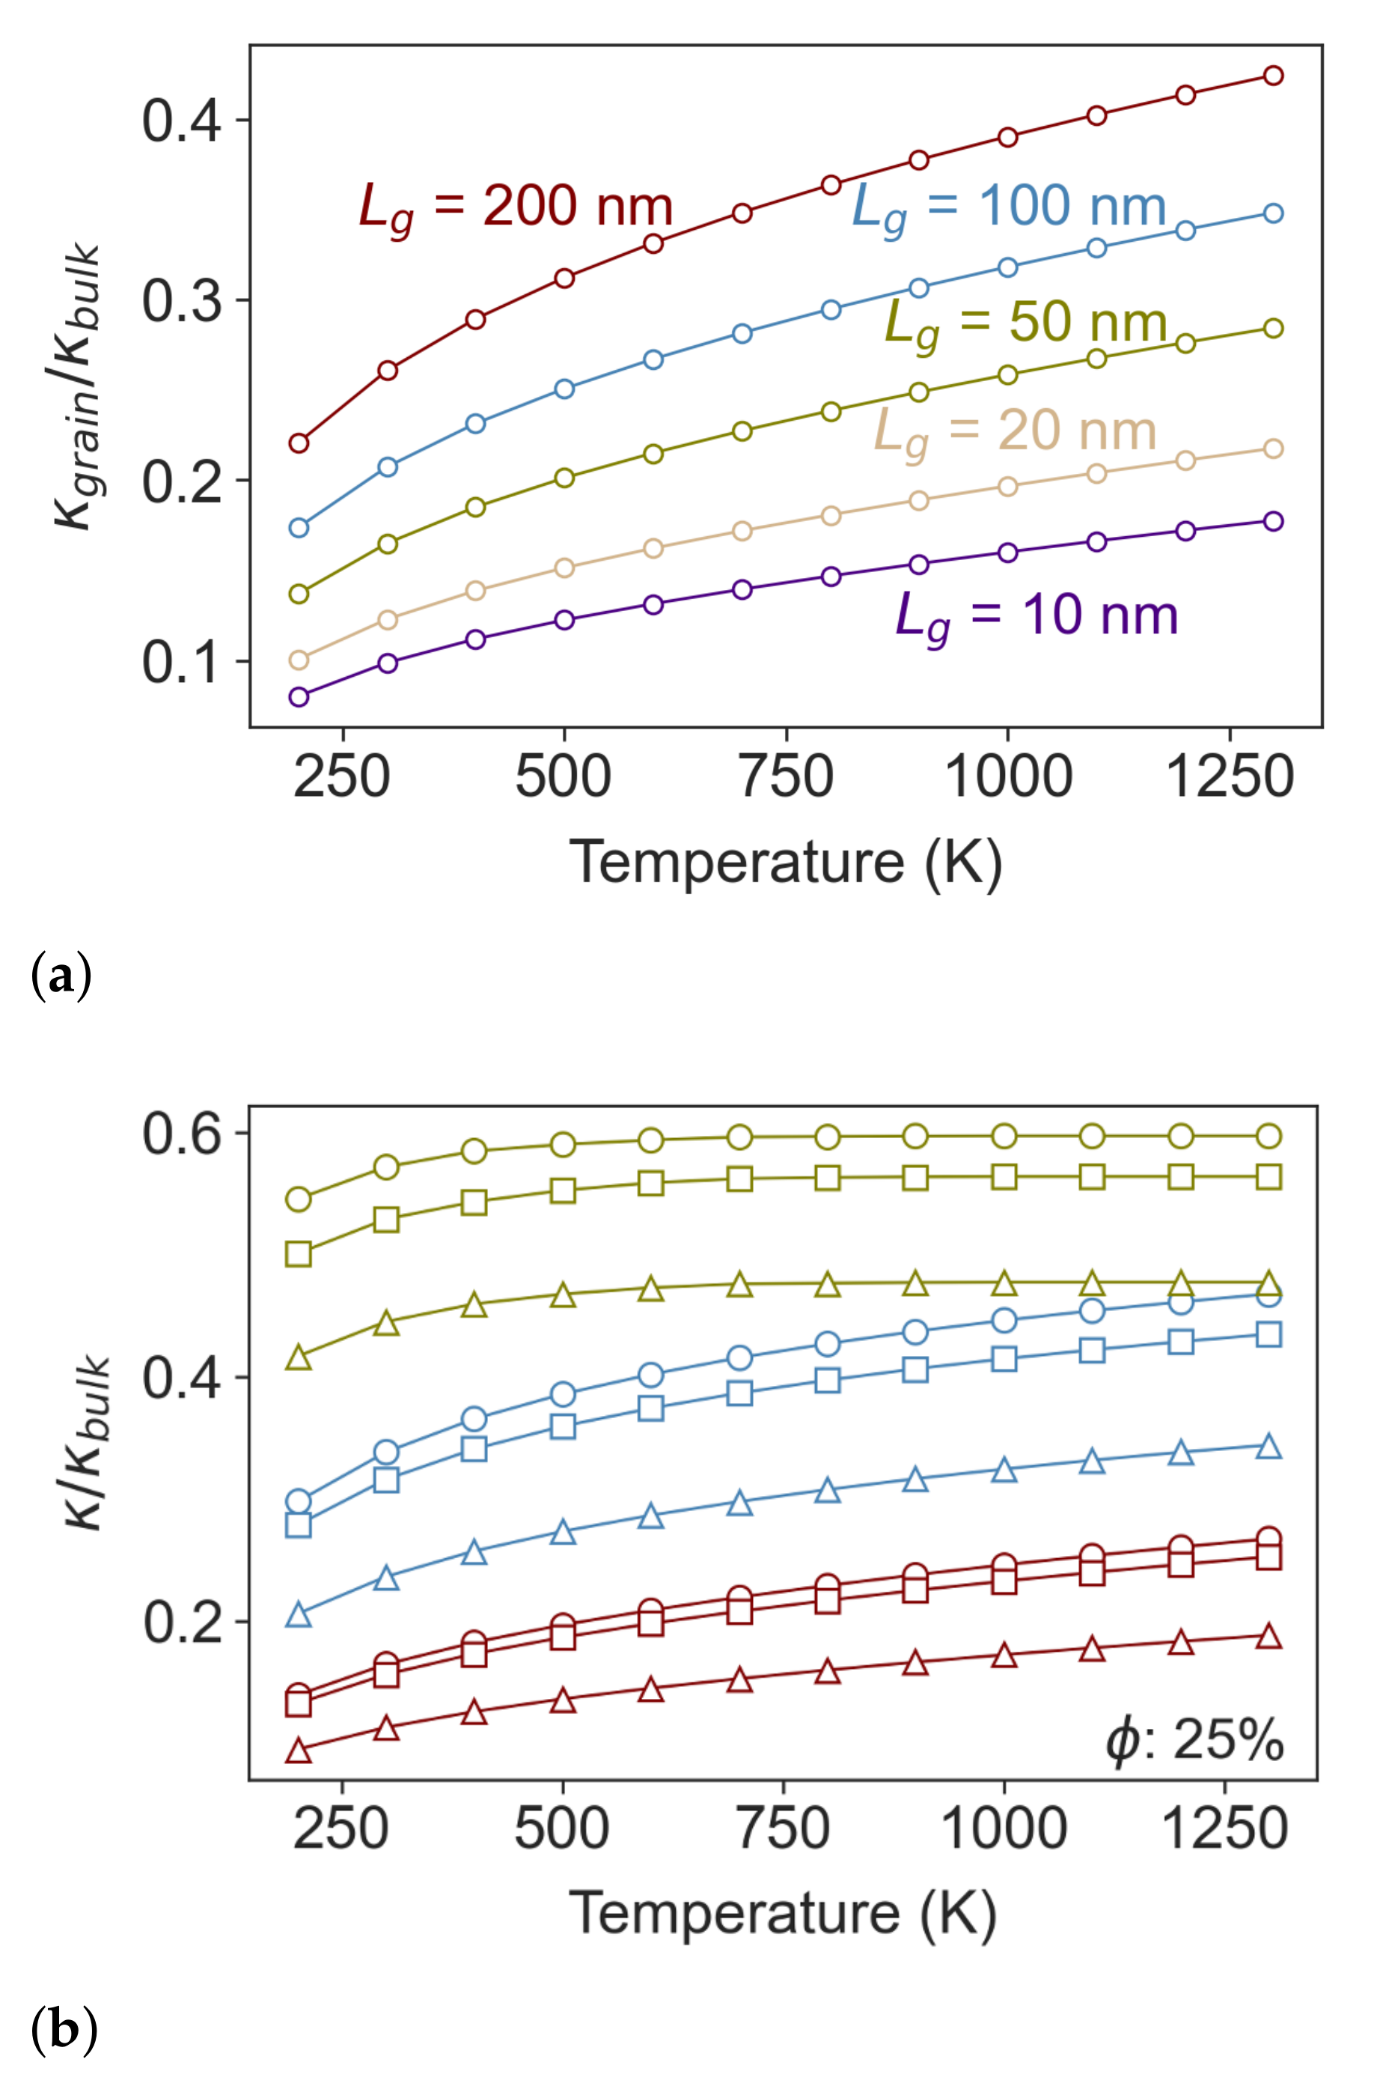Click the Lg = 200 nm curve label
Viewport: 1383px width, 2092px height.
(516, 208)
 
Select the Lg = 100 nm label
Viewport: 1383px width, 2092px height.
(1009, 208)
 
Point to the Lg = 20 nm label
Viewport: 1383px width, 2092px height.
(1014, 432)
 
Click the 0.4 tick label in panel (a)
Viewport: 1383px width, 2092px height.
(182, 120)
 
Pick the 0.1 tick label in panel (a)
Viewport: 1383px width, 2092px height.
(182, 662)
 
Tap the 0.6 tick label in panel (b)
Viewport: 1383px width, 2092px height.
(182, 1134)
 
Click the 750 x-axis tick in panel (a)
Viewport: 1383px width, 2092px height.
(785, 778)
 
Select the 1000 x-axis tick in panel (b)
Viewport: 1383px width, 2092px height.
(1004, 1830)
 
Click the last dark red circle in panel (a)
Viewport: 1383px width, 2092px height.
(1274, 75)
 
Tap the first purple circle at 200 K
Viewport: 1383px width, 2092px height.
(299, 697)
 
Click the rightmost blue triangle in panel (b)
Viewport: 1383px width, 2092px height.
(1268, 1446)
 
